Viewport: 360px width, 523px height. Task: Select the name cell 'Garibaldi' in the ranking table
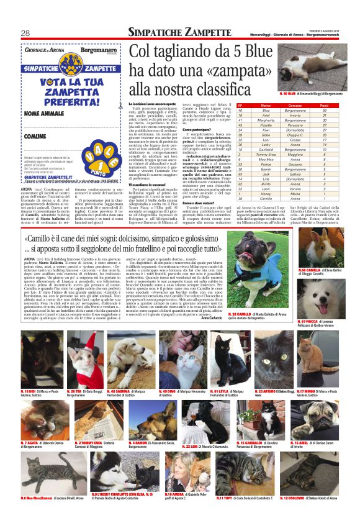tap(265, 150)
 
